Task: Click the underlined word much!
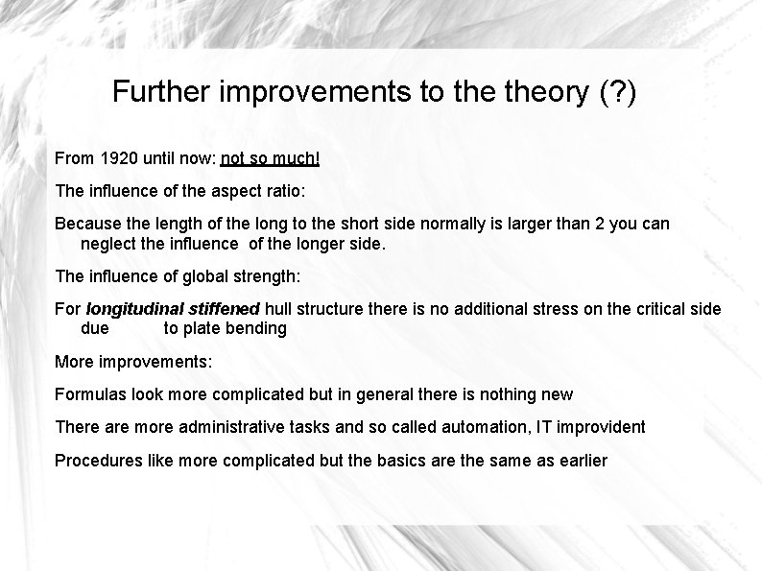(297, 156)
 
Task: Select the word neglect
(108, 244)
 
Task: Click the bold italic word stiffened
(223, 309)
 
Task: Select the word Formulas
(90, 394)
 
